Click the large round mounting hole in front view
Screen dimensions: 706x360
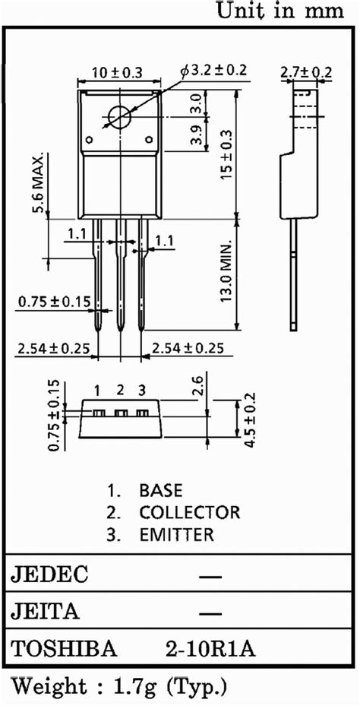point(120,117)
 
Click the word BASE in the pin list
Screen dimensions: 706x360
point(160,490)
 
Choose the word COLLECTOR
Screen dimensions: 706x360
point(189,512)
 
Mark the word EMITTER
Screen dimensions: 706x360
point(176,534)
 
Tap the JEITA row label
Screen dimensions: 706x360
point(45,612)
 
